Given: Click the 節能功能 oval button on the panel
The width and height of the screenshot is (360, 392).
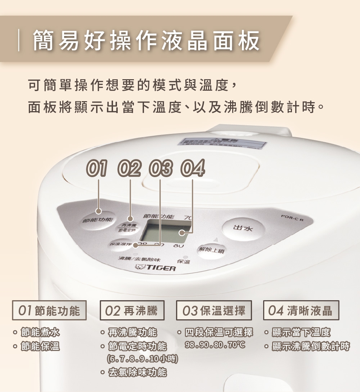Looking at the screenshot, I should pos(98,219).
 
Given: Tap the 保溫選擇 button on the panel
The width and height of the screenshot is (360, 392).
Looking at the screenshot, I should pos(121,245).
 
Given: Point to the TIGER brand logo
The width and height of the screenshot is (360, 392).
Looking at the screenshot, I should pos(155,269).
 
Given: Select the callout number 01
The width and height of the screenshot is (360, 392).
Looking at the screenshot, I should pos(97,168).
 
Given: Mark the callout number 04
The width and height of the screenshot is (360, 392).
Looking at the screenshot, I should pos(194,168).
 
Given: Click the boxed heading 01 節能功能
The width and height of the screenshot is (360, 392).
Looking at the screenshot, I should pos(50,310).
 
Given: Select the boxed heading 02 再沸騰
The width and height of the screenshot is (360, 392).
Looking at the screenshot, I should pos(132,310).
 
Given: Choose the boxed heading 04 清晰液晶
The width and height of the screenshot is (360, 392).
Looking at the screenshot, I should pos(301,310).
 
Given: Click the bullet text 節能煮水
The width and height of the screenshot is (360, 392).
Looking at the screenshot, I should pos(40,332).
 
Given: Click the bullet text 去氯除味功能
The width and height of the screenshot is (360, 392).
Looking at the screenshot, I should pos(138,372).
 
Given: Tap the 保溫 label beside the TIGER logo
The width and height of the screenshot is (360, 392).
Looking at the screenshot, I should pos(184,262).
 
